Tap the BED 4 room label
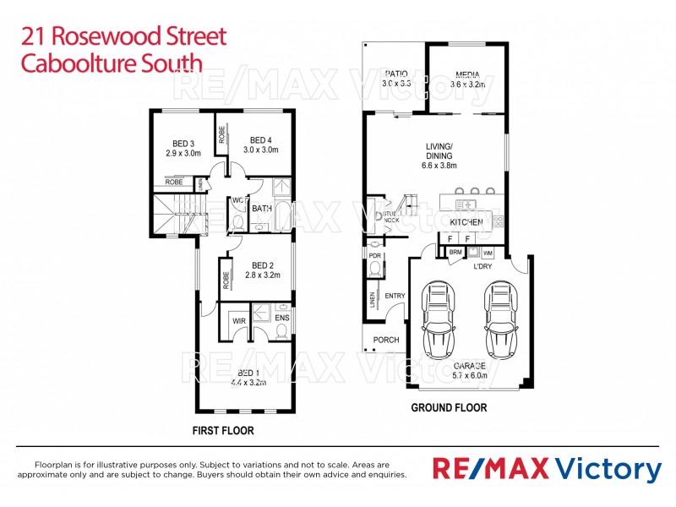click(x=261, y=139)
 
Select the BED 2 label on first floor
click(x=261, y=265)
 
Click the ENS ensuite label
click(x=282, y=318)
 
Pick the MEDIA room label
click(x=467, y=74)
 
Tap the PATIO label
click(x=395, y=74)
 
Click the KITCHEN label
click(x=466, y=222)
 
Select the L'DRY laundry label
click(x=482, y=267)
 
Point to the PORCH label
click(x=386, y=341)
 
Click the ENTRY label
click(x=395, y=296)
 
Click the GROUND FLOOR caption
click(x=449, y=407)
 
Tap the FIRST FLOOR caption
click(x=223, y=430)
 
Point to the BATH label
click(x=261, y=209)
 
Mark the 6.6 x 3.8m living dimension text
click(x=439, y=166)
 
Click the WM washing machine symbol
click(x=488, y=252)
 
